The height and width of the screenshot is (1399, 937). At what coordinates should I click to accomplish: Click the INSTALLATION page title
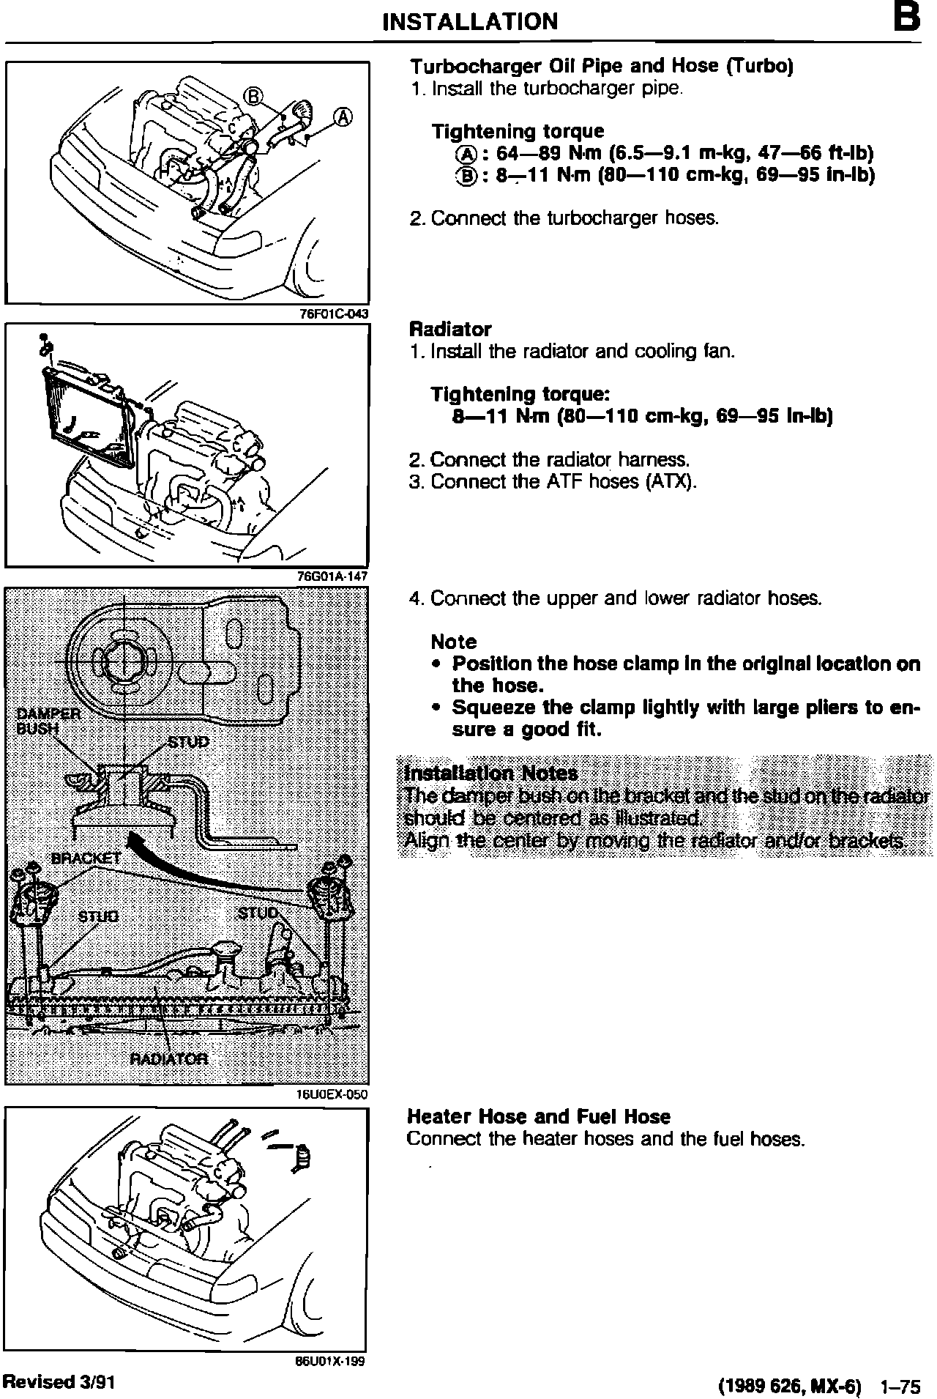tap(469, 21)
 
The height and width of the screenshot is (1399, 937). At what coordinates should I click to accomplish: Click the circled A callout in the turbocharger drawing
tap(343, 117)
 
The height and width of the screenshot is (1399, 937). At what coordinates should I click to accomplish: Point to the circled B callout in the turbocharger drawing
tap(253, 95)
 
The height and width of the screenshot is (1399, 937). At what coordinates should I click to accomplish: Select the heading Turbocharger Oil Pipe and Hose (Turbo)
tap(601, 67)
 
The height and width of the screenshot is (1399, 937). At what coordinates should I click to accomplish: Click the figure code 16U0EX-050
tap(331, 1094)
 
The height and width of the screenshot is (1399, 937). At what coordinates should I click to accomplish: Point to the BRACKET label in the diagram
tap(86, 858)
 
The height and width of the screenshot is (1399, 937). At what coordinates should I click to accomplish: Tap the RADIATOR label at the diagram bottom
tap(168, 1058)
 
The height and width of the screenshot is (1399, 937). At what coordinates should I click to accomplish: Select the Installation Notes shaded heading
tap(491, 773)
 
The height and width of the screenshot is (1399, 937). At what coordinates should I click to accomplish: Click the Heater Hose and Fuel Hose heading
tap(538, 1116)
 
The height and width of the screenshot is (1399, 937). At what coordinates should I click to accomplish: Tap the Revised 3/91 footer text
tap(59, 1381)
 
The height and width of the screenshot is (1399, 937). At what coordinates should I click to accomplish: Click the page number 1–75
tap(900, 1386)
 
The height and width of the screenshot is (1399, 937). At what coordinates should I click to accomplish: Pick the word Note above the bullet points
tap(454, 642)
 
